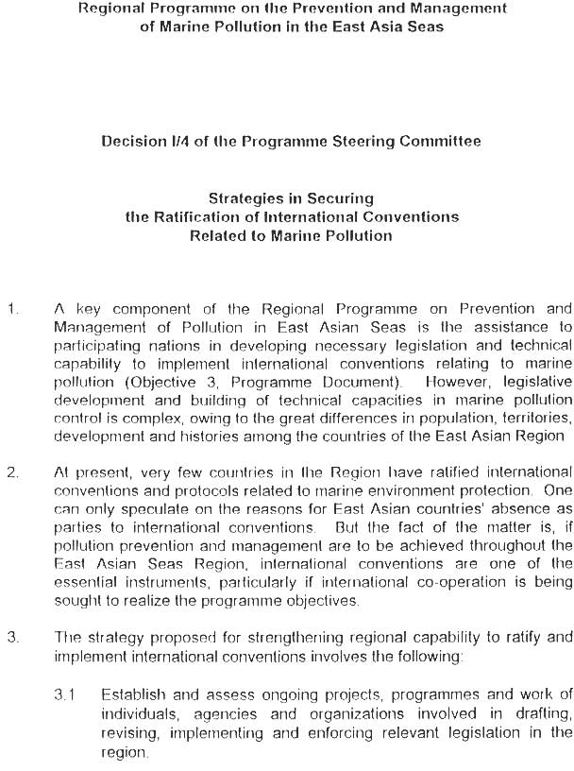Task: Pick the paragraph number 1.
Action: pos(11,309)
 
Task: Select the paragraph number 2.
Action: pos(12,472)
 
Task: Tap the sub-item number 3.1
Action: pos(64,695)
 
